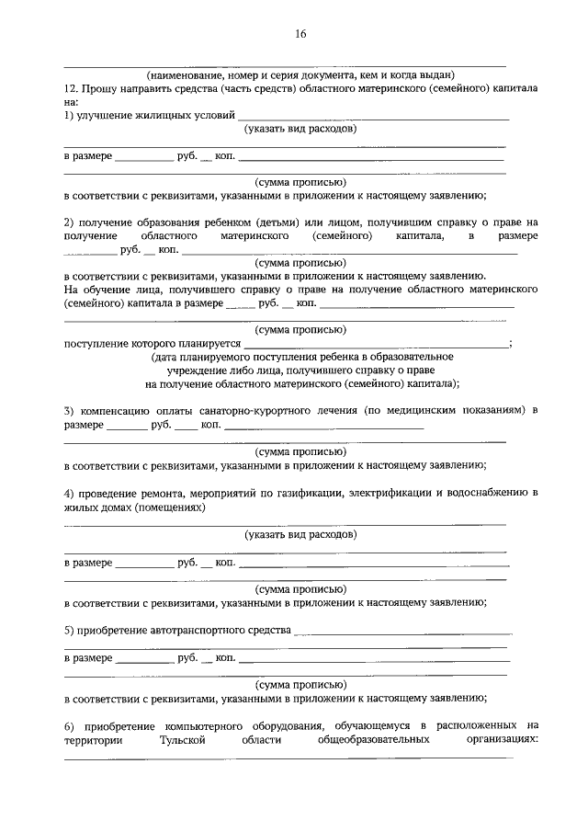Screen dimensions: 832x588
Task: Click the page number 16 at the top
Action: (300, 35)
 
